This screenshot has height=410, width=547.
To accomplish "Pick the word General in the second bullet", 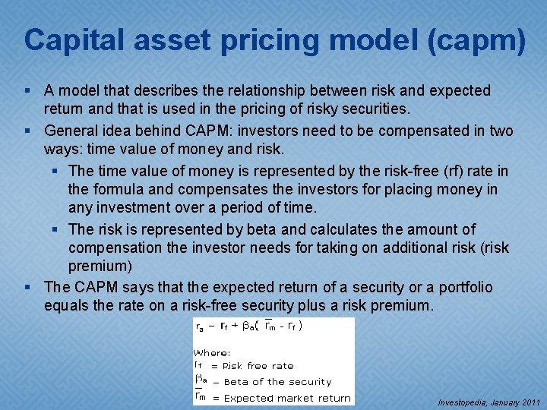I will point(71,131).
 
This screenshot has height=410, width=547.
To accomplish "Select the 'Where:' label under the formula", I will point(212,352).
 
